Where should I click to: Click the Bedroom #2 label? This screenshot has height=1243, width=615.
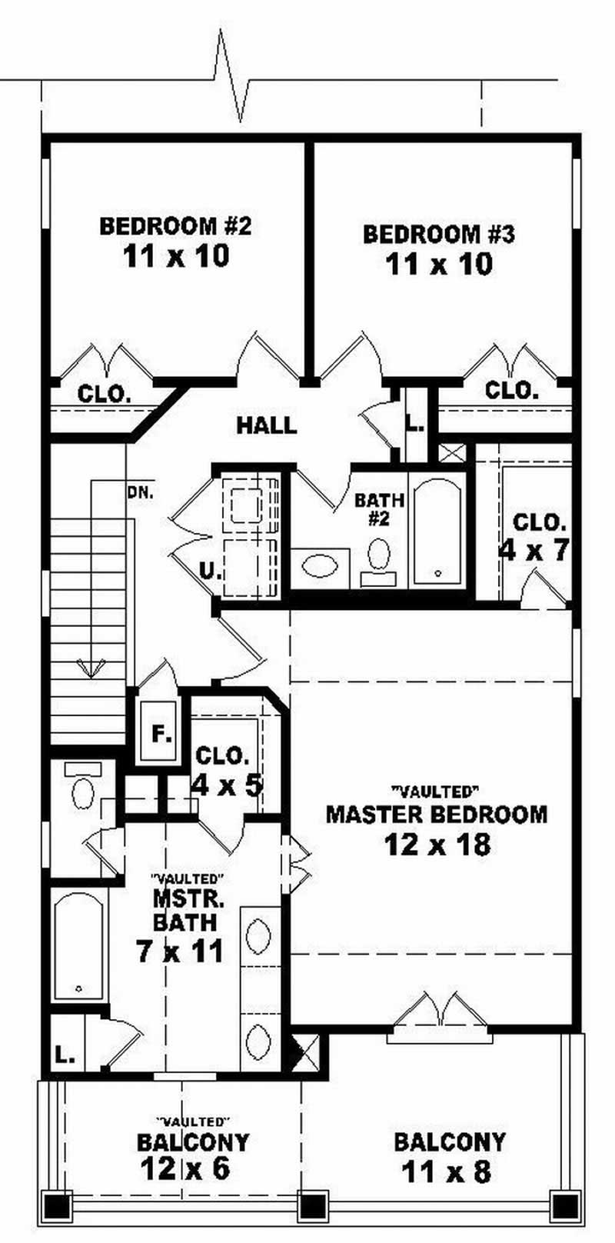point(175,226)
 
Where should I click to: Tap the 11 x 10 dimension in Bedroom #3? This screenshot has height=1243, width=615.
point(438,265)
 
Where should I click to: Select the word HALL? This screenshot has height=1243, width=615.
point(266,425)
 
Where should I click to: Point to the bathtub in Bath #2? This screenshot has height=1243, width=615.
point(437,531)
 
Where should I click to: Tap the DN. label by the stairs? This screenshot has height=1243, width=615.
point(141,492)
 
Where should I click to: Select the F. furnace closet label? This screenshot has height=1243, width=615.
point(161,735)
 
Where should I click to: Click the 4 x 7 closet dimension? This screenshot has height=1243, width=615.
point(534,551)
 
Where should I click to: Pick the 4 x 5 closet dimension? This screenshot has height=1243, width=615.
point(227,785)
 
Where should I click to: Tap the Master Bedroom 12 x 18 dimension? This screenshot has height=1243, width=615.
point(437,845)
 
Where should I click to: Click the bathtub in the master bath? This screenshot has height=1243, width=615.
point(78,945)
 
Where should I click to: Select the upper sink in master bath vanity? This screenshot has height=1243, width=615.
point(258,936)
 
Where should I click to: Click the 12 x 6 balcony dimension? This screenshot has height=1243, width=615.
point(184,1169)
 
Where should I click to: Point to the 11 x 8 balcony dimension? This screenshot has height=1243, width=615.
point(446,1173)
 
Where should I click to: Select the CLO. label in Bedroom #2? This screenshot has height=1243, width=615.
point(104,395)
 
